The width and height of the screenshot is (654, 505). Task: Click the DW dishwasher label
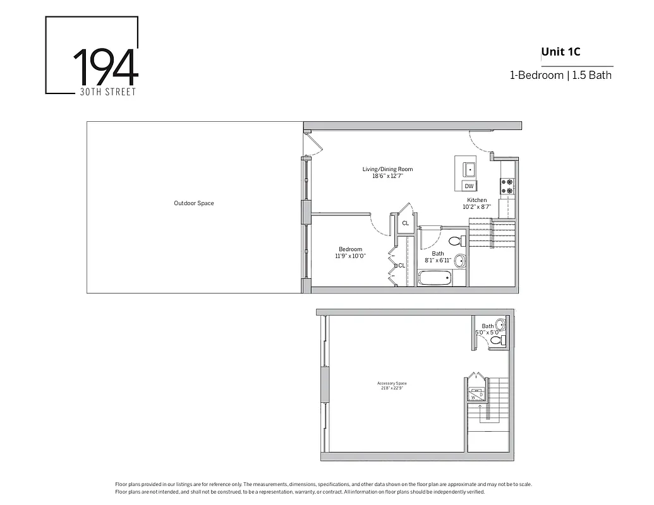[469, 186]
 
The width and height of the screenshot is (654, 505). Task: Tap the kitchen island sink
[469, 169]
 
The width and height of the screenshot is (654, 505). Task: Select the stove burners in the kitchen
[507, 186]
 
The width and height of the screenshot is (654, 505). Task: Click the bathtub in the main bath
[435, 278]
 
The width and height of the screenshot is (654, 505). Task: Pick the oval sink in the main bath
[460, 261]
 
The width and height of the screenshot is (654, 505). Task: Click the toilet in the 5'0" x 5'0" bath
[497, 341]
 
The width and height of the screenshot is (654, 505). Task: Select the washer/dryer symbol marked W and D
[476, 395]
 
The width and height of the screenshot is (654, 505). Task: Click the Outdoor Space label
[194, 203]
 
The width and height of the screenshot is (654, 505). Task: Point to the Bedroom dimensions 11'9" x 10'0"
[351, 256]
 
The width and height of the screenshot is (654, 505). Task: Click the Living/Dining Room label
[387, 169]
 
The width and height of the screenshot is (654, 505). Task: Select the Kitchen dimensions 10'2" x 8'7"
[477, 207]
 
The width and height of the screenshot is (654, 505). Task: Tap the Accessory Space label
[392, 384]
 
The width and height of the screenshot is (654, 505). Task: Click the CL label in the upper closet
[405, 223]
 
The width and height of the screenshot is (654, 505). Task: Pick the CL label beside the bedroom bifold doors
[401, 266]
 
